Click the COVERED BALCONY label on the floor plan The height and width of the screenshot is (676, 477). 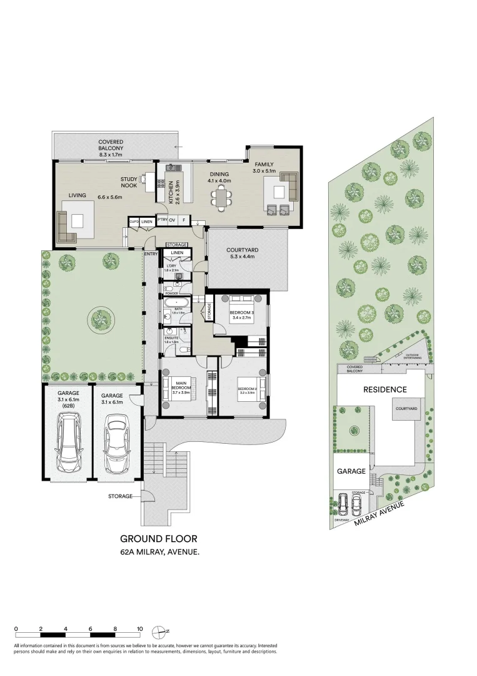tap(111, 145)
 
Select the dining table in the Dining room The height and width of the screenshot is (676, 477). tap(222, 197)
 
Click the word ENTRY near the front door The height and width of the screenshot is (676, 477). tap(151, 253)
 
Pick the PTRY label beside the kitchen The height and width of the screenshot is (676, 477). tap(161, 220)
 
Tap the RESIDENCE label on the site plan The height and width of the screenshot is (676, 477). tap(385, 389)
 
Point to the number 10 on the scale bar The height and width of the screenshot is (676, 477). tap(140, 629)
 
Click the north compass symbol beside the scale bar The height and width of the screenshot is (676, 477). tap(161, 631)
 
